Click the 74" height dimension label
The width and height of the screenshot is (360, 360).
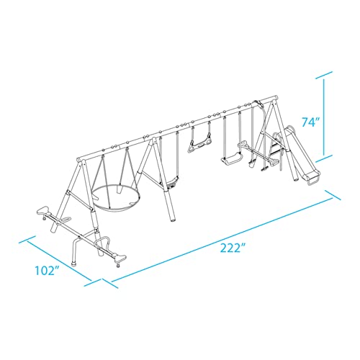pyautogui.click(x=312, y=122)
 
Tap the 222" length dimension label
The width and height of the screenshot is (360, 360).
pyautogui.click(x=230, y=248)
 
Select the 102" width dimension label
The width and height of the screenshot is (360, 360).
pyautogui.click(x=48, y=271)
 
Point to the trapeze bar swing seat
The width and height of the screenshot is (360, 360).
pyautogui.click(x=198, y=145)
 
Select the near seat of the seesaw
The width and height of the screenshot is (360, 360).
pyautogui.click(x=120, y=258)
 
